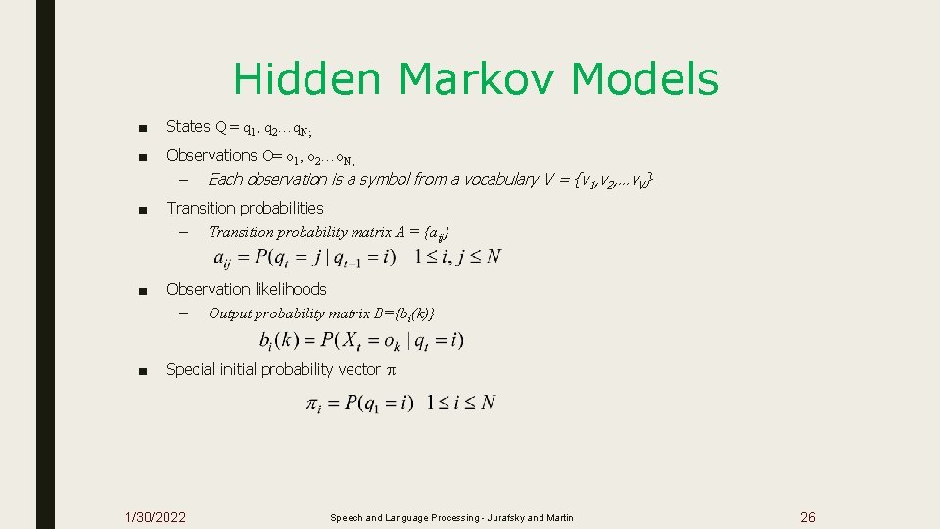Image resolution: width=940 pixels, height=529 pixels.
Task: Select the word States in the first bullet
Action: pos(188,126)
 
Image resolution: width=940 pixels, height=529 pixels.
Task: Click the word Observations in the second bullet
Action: pos(211,155)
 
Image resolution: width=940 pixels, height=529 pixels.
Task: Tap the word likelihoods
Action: pos(288,289)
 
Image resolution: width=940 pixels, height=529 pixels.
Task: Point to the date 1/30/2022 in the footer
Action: pos(157,517)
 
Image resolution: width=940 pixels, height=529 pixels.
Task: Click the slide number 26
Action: pos(808,517)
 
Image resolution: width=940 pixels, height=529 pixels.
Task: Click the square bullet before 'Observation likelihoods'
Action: pos(143,290)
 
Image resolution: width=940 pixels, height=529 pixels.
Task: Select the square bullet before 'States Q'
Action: pos(143,127)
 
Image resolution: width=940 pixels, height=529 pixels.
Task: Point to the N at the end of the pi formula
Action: pos(488,403)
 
